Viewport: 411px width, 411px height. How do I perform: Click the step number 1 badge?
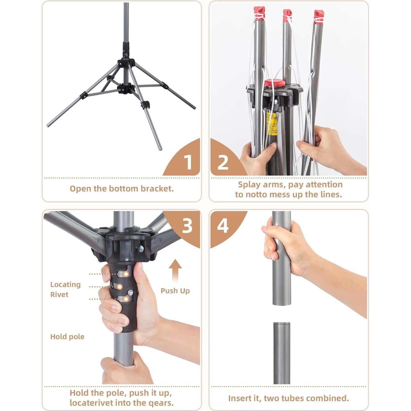click(188, 162)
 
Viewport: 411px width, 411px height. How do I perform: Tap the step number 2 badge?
click(223, 162)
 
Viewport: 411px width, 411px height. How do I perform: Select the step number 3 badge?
click(187, 226)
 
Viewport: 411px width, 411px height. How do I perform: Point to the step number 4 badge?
click(223, 226)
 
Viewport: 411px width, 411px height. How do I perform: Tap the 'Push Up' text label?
click(175, 291)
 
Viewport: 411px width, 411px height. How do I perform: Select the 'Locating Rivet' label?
click(65, 289)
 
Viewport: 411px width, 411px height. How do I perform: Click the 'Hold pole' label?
click(67, 337)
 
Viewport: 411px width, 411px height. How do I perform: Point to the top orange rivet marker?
click(126, 274)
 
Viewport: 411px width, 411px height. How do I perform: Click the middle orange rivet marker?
click(120, 287)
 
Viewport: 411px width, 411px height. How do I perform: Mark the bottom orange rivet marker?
click(126, 299)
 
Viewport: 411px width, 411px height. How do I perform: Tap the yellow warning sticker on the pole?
click(272, 124)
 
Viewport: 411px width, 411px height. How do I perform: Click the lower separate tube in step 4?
click(281, 354)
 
